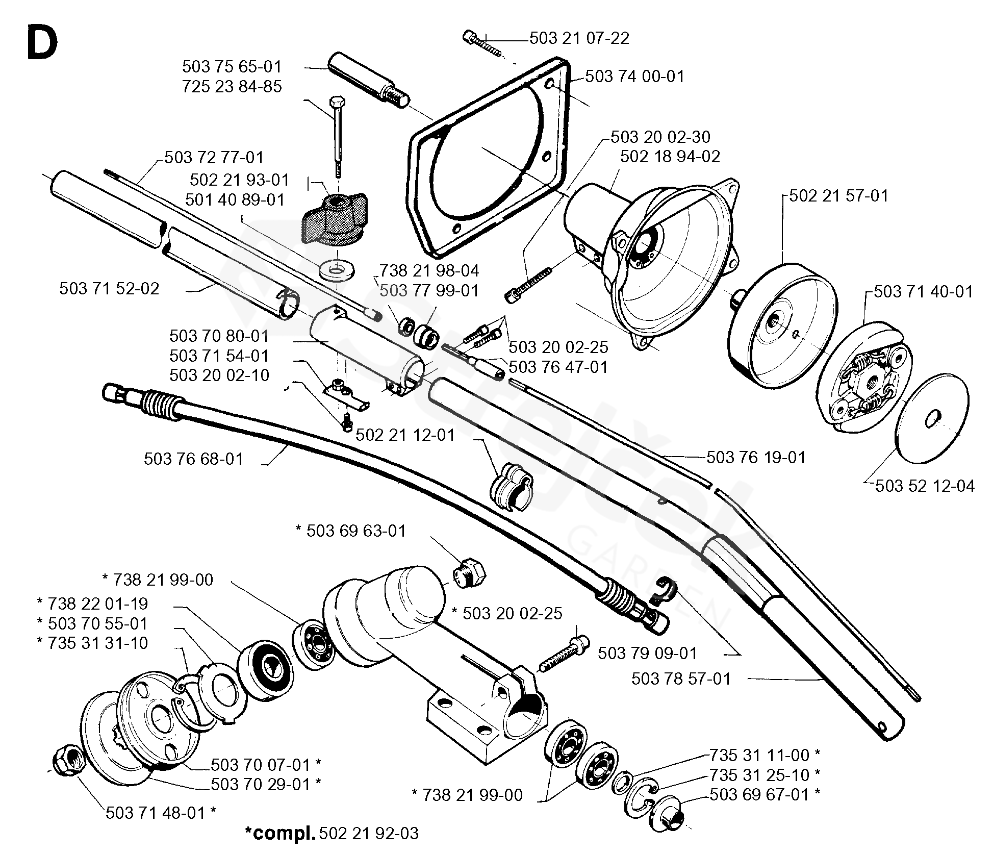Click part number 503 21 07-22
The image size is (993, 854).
(x=579, y=38)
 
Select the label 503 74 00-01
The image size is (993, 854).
(x=634, y=77)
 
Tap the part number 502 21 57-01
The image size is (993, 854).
(x=838, y=196)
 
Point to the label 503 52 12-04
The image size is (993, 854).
(x=925, y=486)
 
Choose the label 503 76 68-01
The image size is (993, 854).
(x=194, y=459)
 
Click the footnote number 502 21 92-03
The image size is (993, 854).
(x=368, y=833)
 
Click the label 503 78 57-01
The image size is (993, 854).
(x=681, y=679)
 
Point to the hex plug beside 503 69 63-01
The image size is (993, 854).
(x=470, y=572)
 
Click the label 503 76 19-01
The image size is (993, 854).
(x=756, y=457)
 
